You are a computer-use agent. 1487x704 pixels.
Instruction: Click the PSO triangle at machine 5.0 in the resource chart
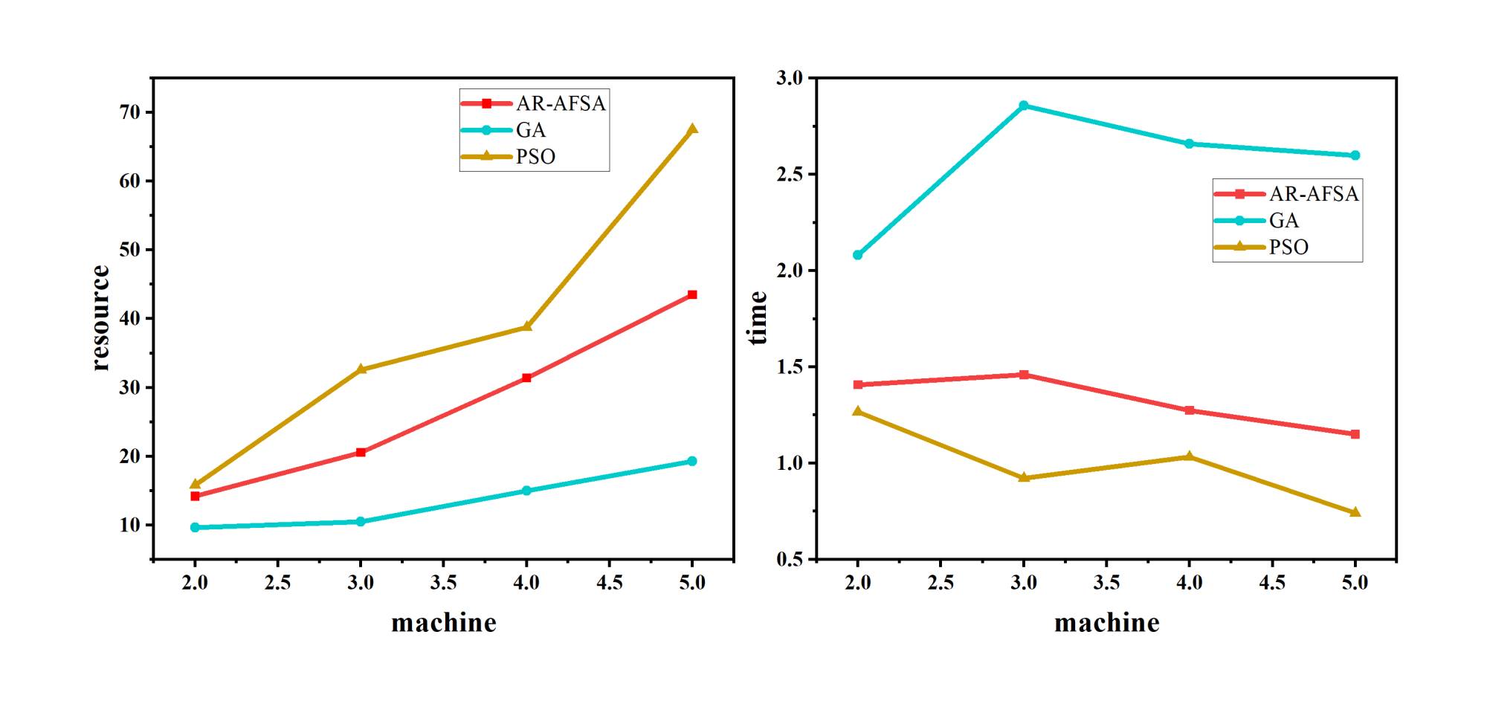point(692,129)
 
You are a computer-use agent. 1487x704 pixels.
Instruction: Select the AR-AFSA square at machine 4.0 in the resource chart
point(526,378)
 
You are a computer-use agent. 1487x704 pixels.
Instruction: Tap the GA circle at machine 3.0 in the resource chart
point(361,522)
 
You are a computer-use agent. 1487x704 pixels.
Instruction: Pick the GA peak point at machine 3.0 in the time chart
point(1023,106)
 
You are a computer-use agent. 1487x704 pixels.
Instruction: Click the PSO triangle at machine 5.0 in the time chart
point(1355,512)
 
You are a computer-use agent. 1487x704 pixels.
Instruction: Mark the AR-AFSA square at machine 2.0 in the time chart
point(858,384)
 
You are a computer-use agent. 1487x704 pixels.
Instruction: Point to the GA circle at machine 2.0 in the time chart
point(858,255)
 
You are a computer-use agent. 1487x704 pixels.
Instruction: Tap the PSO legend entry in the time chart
point(1262,247)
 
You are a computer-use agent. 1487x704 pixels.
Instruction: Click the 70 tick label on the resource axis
point(129,112)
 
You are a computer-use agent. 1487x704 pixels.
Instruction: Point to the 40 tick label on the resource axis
point(129,318)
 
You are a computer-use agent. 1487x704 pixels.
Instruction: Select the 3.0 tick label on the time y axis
point(790,78)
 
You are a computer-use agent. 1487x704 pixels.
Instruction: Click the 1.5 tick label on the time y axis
point(790,367)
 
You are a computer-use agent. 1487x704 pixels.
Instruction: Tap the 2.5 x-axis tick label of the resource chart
point(277,583)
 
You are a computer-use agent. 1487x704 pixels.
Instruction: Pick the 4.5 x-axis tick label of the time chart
point(1271,583)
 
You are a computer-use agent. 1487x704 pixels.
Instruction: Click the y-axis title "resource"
point(100,318)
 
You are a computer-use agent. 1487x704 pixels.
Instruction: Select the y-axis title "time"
point(758,318)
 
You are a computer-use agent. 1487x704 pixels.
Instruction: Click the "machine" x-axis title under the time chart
point(1106,623)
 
